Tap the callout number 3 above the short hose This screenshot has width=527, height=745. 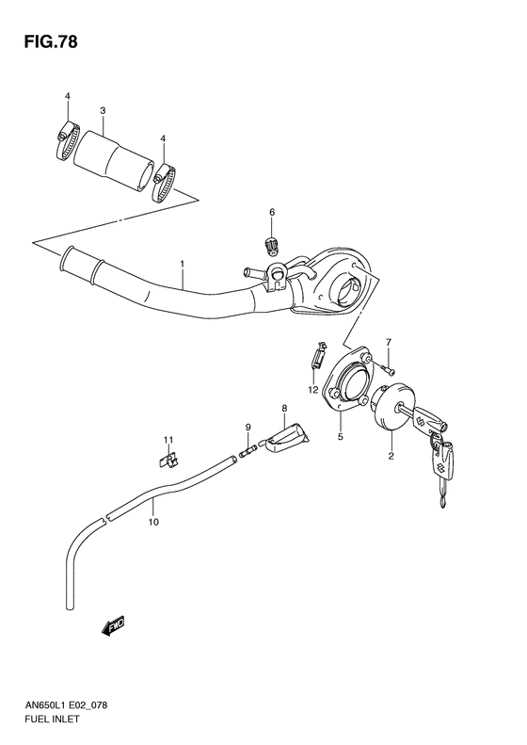tap(103, 110)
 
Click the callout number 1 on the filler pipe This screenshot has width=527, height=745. tap(182, 265)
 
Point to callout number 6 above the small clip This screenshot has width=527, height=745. tap(271, 213)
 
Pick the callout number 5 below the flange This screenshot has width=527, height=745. tap(340, 436)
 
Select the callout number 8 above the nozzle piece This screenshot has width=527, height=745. tap(282, 408)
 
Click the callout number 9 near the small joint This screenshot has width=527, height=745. tap(248, 428)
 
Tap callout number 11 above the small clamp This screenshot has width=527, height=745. tap(168, 440)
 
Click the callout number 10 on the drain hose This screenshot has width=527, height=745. tap(153, 519)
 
